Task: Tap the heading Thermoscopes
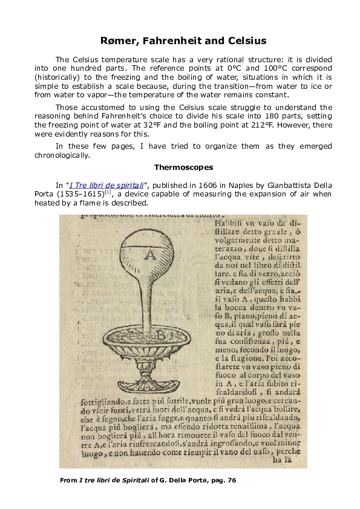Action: (180, 166)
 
